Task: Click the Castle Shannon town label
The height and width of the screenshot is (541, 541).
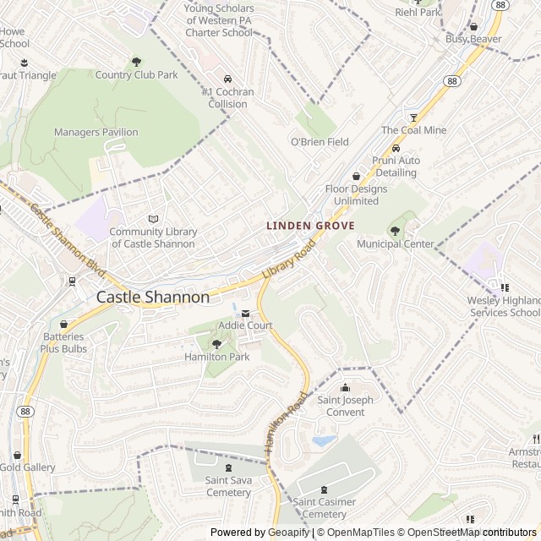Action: pos(153,297)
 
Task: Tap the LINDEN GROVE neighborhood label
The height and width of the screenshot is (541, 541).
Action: pos(310,226)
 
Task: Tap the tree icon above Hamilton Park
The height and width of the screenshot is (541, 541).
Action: pos(216,343)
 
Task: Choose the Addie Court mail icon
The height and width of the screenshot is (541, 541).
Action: pos(246,313)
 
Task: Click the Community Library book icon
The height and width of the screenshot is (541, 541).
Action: pos(153,219)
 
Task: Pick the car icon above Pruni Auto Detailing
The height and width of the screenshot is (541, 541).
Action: pos(396,149)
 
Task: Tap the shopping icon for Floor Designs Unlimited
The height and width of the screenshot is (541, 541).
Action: pos(356,177)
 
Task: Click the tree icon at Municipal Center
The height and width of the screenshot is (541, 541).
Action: pos(395,231)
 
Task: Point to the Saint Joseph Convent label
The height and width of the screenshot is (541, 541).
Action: pos(342,407)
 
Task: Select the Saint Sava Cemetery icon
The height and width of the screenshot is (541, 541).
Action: pos(227,467)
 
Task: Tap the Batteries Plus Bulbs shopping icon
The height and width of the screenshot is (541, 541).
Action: pos(63,324)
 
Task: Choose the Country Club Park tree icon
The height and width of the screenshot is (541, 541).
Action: pos(136,62)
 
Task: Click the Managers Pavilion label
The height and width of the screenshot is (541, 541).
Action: pos(96,132)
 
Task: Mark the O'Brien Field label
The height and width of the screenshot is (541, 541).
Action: pos(320,142)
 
